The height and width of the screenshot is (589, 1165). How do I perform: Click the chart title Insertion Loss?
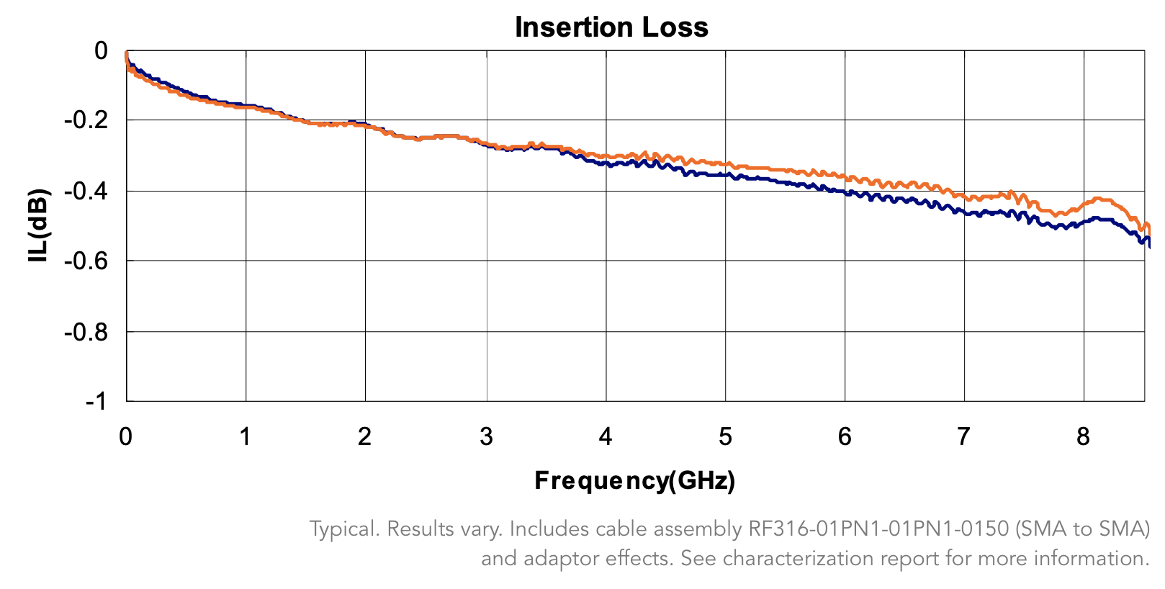coord(611,27)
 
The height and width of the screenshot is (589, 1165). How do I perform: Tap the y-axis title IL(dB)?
coord(39,225)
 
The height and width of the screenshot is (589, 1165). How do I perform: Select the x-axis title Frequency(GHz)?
coord(634,480)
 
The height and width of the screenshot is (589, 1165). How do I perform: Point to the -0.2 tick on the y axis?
coord(86,120)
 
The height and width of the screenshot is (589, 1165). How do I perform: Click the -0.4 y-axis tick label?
coord(86,191)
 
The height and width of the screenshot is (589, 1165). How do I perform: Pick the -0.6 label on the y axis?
coord(86,261)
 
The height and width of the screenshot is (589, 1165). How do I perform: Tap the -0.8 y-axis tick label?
coord(86,332)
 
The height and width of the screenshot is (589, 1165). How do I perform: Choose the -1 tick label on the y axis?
coord(96,401)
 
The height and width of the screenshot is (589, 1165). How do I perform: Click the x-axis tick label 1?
coord(246,436)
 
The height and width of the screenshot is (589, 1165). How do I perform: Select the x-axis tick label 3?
coord(487,436)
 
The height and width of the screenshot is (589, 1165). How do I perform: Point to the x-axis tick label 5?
coord(725,436)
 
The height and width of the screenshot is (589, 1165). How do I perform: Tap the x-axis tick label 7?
coord(963,436)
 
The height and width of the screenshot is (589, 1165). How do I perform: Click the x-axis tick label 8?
coord(1083,436)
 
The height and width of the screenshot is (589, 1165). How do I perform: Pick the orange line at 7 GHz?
coord(963,196)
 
